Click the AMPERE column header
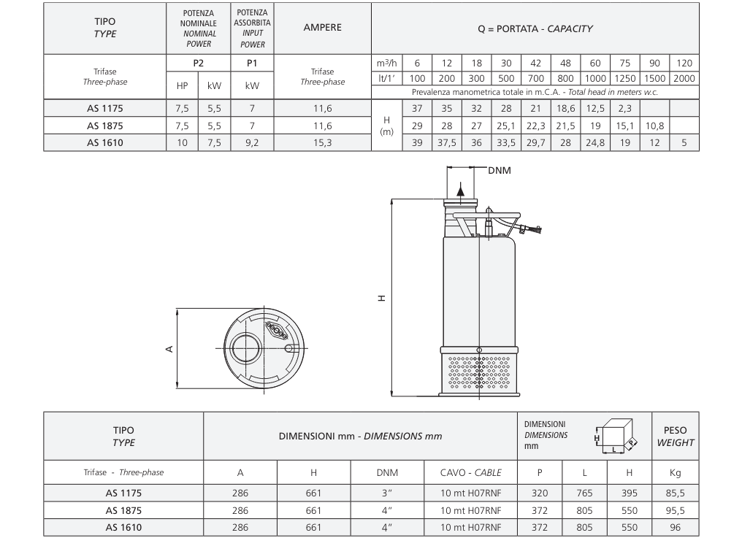[x=322, y=28]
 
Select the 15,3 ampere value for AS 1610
[x=322, y=142]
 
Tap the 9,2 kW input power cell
[x=252, y=142]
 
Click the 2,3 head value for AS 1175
[x=624, y=108]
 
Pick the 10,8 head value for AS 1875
[x=654, y=126]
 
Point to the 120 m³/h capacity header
[x=684, y=63]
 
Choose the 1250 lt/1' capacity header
[x=624, y=78]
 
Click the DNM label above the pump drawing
[x=500, y=170]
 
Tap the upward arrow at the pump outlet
[x=460, y=189]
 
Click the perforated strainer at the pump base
[x=479, y=373]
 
